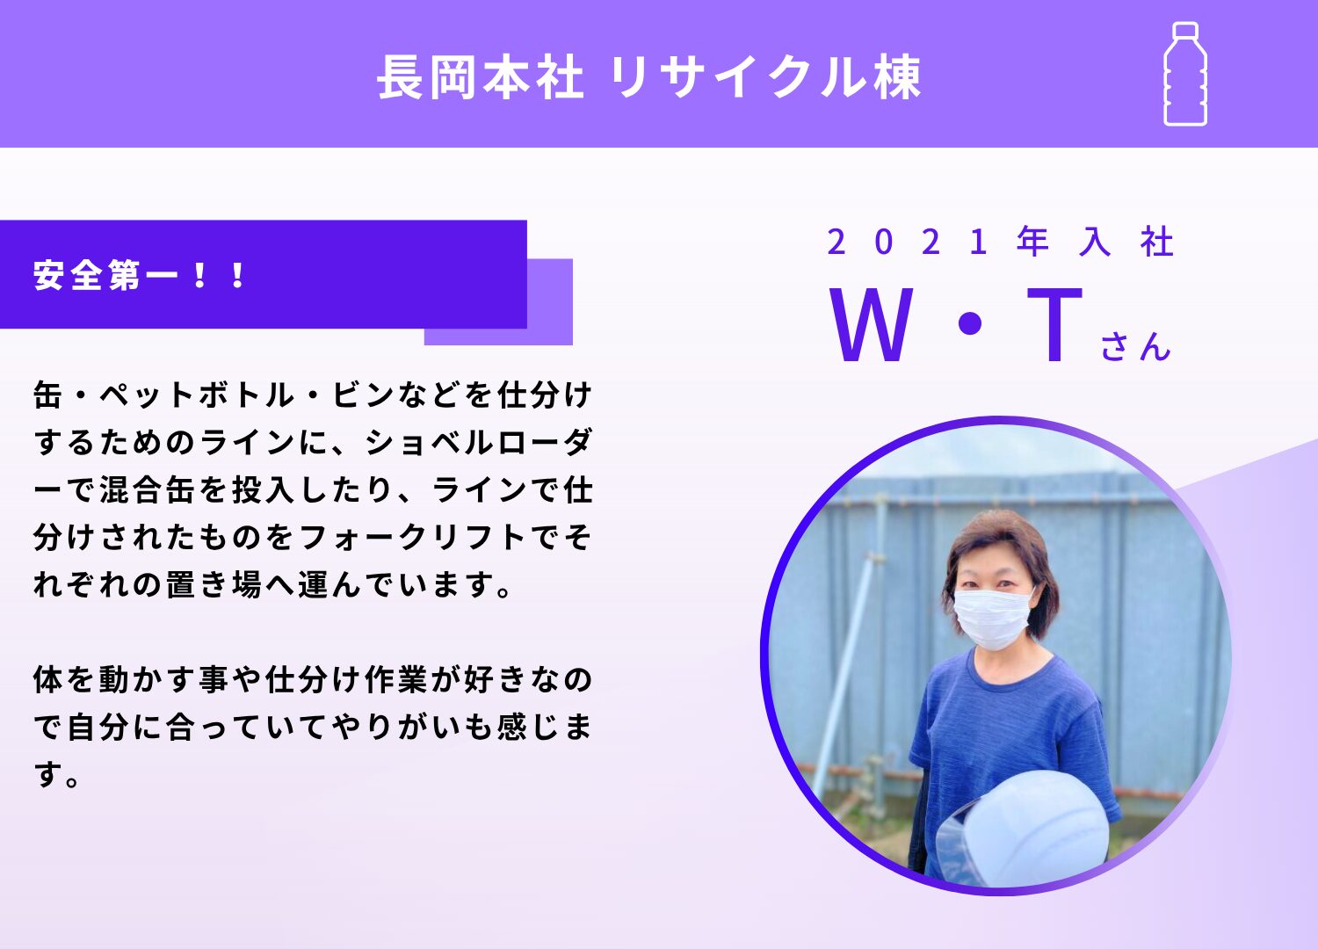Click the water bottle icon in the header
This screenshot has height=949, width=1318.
click(x=1185, y=74)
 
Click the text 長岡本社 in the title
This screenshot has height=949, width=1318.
click(x=480, y=77)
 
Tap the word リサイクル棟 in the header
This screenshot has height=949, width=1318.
click(x=765, y=77)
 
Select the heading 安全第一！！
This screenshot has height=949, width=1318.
click(x=139, y=275)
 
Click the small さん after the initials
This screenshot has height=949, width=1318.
click(x=1135, y=346)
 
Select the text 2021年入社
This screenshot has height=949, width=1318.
click(x=1000, y=242)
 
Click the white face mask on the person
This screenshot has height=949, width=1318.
click(x=992, y=619)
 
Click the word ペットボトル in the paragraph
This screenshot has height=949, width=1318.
click(x=197, y=395)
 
